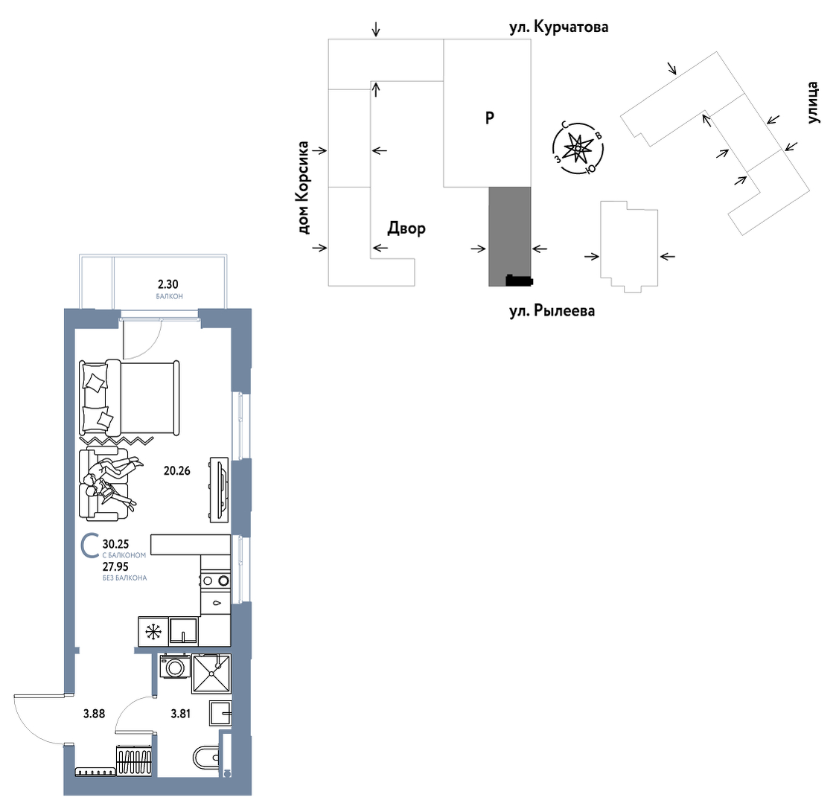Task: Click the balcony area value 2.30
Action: pos(168,284)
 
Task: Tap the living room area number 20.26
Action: pos(177,471)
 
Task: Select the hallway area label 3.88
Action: pos(94,713)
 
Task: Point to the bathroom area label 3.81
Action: pos(181,713)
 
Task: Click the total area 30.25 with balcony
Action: pos(115,544)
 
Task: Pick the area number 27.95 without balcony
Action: pos(115,566)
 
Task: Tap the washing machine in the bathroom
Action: pos(175,666)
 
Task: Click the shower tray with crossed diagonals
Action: pos(211,674)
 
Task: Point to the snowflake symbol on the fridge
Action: pos(153,632)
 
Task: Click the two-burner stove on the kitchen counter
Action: pos(216,580)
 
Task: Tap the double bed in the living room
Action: pos(130,397)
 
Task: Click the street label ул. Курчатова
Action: pos(558,27)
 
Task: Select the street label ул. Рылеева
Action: pos(552,310)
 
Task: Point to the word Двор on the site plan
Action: pos(406,228)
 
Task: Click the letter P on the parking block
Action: pos(490,117)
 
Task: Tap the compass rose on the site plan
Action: pos(578,147)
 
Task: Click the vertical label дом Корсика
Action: pos(304,188)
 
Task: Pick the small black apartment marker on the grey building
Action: pos(519,281)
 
